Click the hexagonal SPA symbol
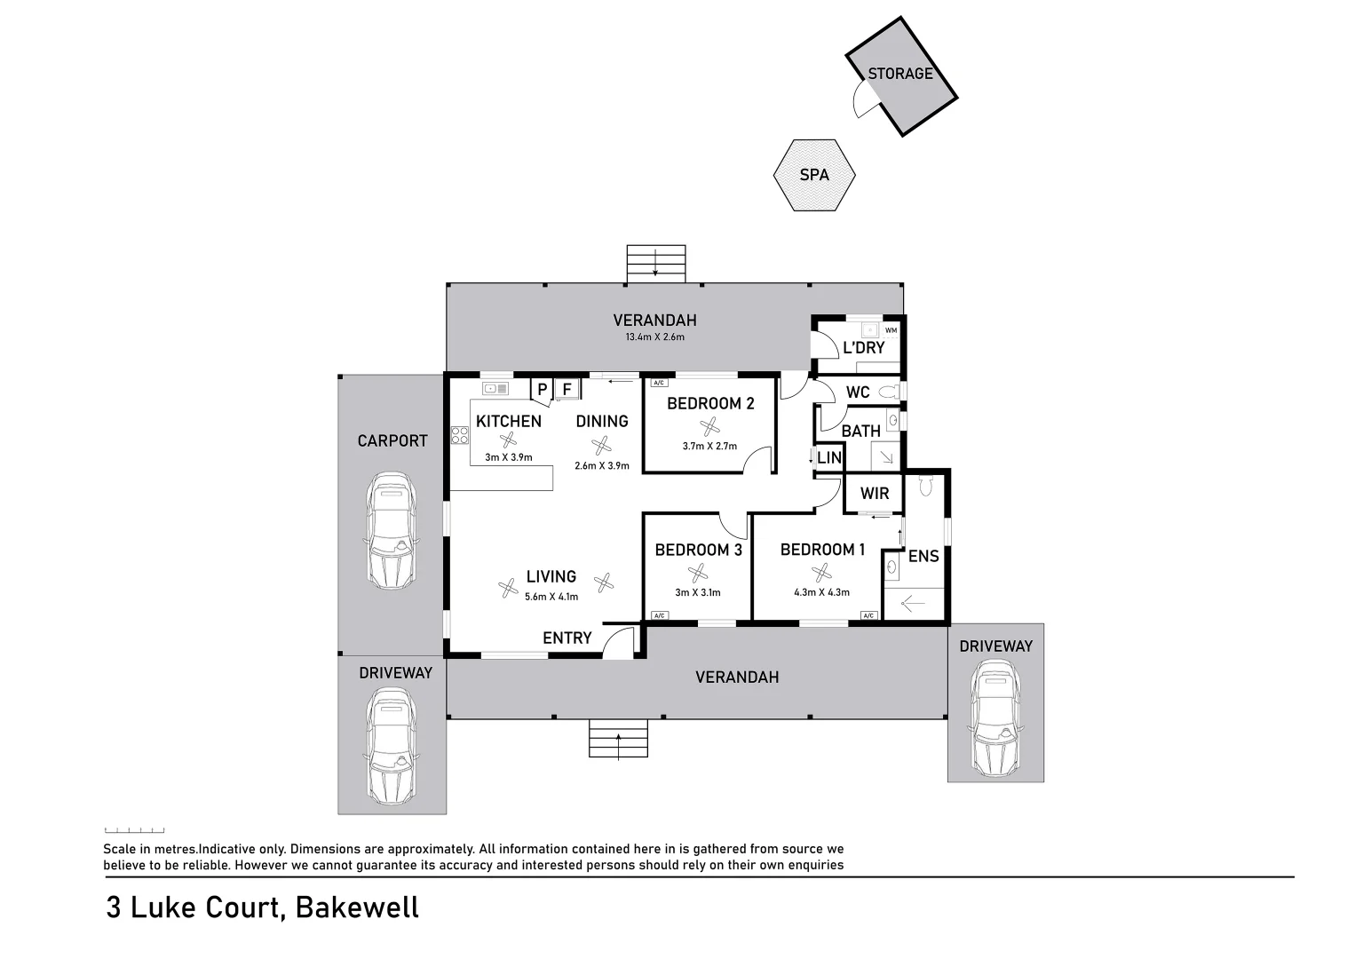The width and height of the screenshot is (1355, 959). (813, 175)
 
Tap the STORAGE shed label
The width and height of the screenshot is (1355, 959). (899, 74)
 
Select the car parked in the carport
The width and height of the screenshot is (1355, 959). (391, 530)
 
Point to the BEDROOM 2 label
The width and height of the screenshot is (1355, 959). (709, 403)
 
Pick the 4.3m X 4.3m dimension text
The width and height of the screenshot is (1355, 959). (821, 592)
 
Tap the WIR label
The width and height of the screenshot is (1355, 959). (874, 494)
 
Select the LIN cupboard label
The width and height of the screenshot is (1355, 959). (828, 458)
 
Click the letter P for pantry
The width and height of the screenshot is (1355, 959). (542, 390)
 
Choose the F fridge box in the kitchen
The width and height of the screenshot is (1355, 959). (567, 389)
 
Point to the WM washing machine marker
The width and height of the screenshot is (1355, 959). (891, 330)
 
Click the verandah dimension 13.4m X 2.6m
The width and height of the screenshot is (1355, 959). (654, 337)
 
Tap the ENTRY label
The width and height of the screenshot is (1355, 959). (567, 638)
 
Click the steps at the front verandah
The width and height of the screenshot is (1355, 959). (618, 739)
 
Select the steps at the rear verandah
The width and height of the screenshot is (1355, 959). (656, 264)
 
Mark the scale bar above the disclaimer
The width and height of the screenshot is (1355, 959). (134, 830)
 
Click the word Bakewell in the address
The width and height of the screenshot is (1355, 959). (357, 907)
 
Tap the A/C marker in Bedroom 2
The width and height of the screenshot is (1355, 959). (658, 383)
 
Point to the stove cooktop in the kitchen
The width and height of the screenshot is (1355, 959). (460, 434)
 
